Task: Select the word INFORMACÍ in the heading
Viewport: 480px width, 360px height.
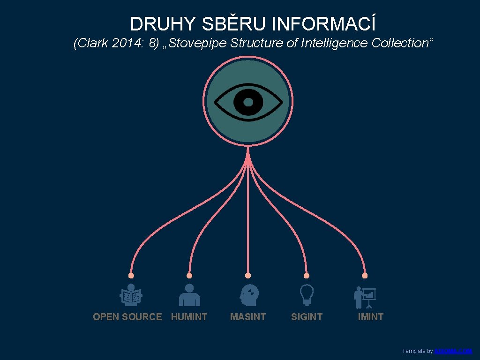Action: click(323, 23)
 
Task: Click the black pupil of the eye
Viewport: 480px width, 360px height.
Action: click(248, 102)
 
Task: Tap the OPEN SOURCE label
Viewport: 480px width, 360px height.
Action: click(127, 317)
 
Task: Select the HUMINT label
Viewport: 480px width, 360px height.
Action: click(189, 317)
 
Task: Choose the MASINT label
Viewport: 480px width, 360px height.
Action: click(248, 317)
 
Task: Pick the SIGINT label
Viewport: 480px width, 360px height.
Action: click(307, 317)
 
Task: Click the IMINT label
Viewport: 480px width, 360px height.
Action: click(370, 317)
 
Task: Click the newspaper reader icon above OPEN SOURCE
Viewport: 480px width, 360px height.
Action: click(131, 295)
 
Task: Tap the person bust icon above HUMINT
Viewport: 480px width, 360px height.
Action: click(189, 295)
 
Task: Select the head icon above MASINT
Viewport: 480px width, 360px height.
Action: click(248, 295)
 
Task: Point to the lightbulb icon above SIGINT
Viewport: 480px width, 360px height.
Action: click(307, 295)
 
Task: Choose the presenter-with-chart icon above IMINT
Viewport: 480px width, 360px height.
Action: click(365, 297)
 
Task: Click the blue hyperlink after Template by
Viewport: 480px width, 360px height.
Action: click(453, 351)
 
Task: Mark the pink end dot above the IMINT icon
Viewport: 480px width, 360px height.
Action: click(365, 276)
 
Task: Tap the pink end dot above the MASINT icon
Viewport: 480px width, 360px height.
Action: click(248, 276)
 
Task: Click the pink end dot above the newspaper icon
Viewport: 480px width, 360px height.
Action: click(131, 276)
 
